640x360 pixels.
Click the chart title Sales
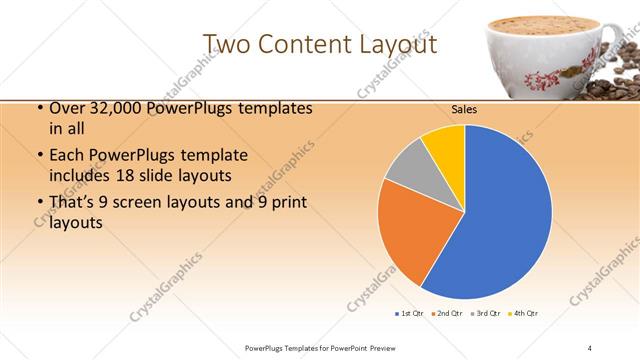(464, 109)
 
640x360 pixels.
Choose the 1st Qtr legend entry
(411, 314)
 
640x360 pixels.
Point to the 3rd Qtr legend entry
(487, 314)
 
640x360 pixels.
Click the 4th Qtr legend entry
(525, 314)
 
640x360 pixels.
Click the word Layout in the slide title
(394, 44)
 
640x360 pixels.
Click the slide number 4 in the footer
(590, 347)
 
